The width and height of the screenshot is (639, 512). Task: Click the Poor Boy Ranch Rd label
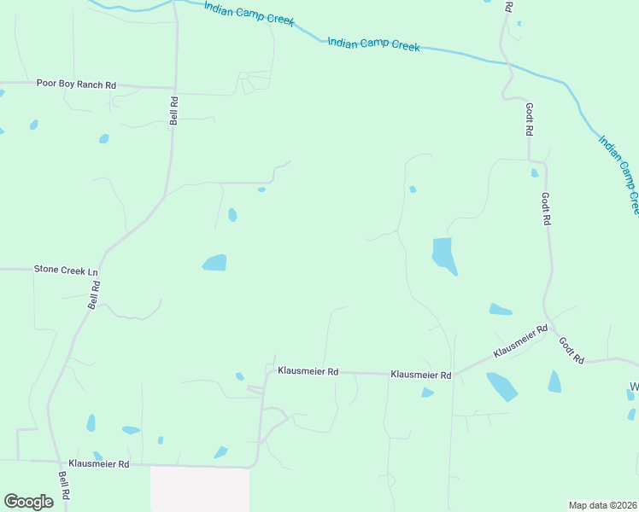[76, 84]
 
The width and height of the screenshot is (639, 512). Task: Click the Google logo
[28, 502]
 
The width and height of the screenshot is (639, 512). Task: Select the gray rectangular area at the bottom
[200, 488]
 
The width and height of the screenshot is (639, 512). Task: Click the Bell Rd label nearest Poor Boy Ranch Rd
[173, 111]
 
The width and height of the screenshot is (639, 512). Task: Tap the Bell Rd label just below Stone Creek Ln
[95, 294]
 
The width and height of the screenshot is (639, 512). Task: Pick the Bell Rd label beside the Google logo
[63, 486]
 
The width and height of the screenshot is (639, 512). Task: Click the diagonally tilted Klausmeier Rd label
[519, 341]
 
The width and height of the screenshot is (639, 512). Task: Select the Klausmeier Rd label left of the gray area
[99, 464]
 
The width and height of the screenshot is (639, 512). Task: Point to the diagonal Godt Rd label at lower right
[571, 350]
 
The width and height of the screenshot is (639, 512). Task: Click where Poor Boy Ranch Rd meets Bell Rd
[174, 87]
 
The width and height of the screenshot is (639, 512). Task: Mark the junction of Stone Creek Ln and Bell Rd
[103, 270]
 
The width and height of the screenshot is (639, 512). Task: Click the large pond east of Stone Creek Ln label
[214, 263]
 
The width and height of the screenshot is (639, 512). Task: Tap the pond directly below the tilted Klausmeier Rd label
[501, 386]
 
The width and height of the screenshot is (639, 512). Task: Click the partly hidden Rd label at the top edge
[507, 6]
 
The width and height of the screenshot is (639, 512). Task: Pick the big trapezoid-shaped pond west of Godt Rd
[443, 255]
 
